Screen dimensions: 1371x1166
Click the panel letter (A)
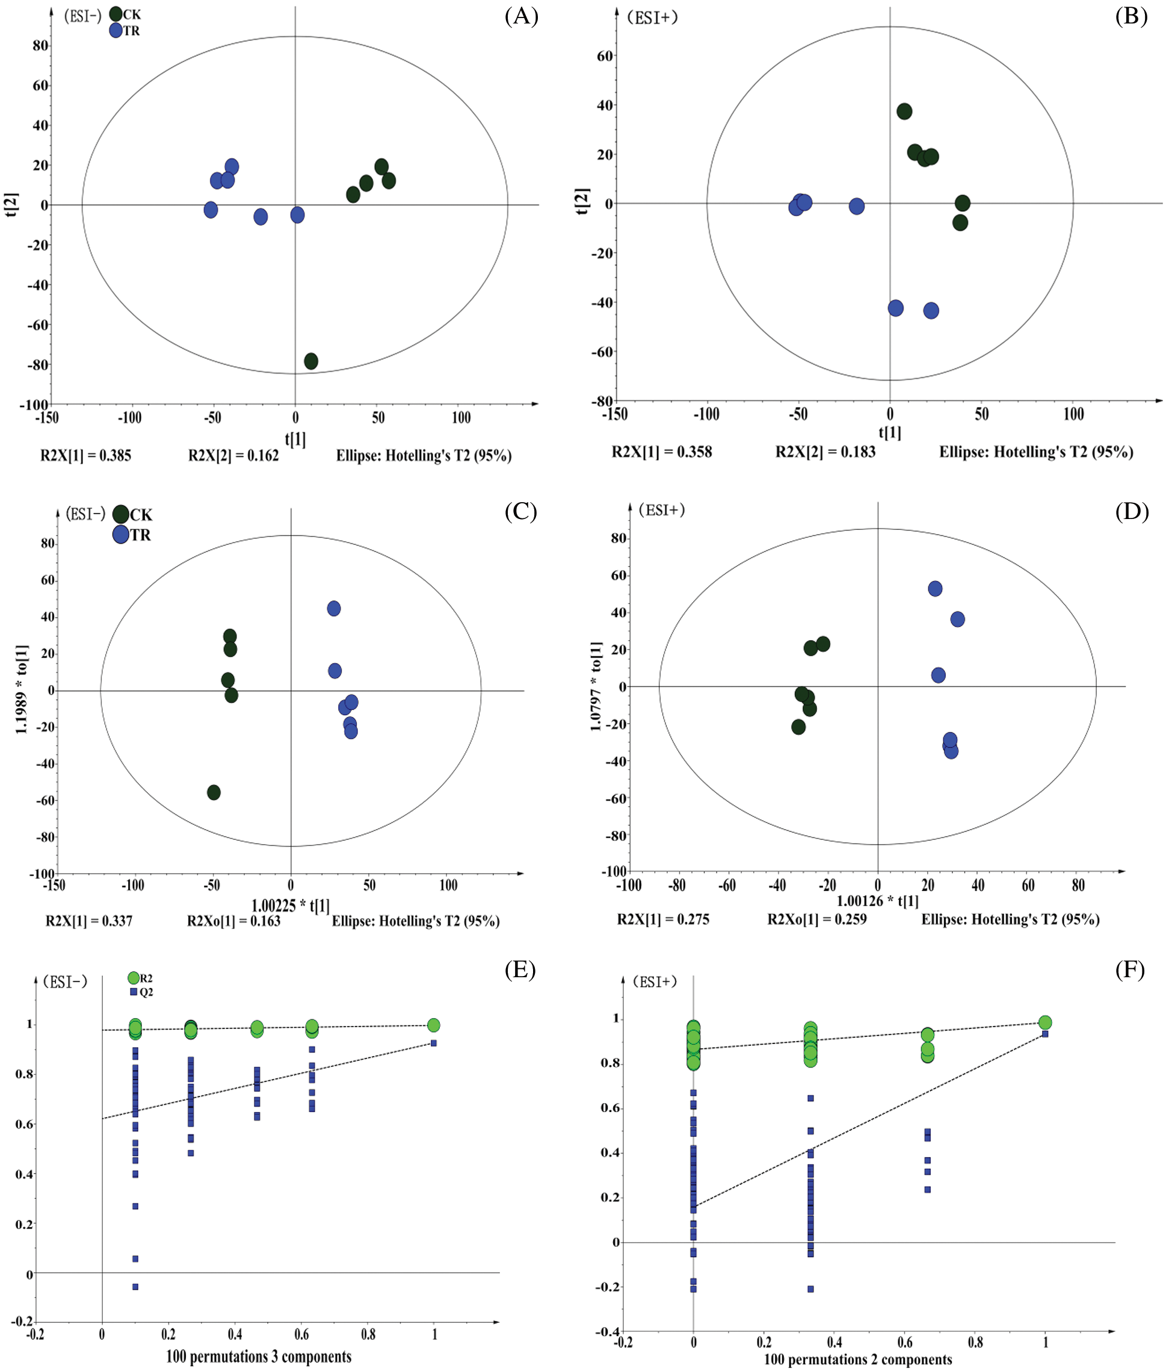point(521,16)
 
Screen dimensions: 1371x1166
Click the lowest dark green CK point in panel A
point(310,361)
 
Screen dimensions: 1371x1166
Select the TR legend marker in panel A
point(116,31)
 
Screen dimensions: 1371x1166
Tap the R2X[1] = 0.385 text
point(86,455)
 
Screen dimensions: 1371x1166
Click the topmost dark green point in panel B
point(904,111)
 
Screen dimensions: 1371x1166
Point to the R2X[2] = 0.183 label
point(825,452)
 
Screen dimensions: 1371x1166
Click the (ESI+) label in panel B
point(652,18)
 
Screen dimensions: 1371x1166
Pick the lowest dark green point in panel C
point(214,792)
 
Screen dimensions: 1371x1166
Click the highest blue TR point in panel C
point(334,608)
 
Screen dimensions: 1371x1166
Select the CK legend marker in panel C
point(120,514)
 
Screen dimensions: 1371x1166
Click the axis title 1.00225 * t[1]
point(290,905)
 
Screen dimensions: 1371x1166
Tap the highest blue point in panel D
point(934,588)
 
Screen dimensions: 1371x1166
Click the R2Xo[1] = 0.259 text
point(816,919)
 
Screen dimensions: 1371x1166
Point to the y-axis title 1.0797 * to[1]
point(596,685)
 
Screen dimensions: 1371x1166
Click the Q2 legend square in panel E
point(134,992)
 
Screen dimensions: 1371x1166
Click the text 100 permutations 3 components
point(259,1357)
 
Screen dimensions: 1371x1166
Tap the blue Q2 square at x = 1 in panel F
point(1045,1034)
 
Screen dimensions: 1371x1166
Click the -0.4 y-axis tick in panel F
point(607,1331)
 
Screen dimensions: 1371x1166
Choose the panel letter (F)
point(1131,969)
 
